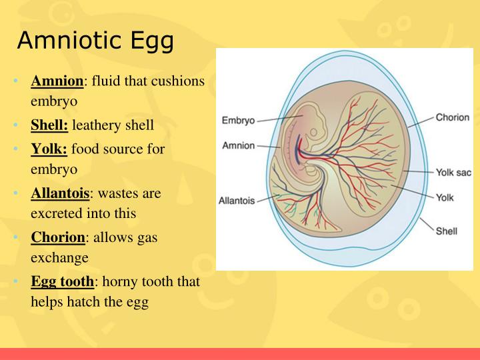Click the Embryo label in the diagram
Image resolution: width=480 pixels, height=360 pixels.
point(237,121)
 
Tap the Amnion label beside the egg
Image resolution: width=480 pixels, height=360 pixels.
point(238,145)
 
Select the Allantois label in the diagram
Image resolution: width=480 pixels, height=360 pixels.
point(237,200)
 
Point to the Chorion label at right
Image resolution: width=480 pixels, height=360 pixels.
point(453,117)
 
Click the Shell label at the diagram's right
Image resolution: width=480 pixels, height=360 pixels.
point(446,231)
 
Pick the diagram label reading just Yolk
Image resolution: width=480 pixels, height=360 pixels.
point(445,197)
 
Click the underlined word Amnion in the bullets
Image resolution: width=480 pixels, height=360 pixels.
point(57,81)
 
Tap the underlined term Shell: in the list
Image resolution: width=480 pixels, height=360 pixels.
point(50,125)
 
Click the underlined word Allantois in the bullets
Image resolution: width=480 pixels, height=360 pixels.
point(60,193)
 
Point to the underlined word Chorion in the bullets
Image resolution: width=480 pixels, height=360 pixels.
point(58,237)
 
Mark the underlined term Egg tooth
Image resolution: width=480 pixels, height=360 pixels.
point(61,281)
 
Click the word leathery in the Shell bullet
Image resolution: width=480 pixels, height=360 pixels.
point(95,125)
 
